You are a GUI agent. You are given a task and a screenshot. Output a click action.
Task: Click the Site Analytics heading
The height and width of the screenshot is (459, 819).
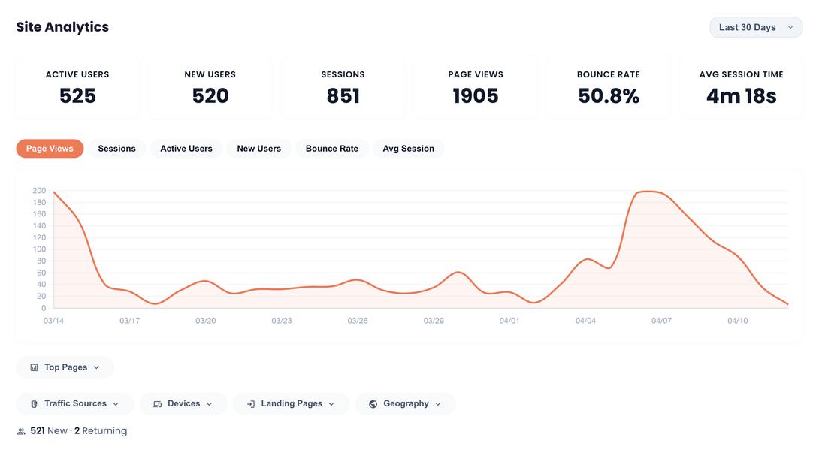point(62,27)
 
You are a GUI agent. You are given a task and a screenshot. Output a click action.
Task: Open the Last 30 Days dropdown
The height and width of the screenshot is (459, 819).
point(755,27)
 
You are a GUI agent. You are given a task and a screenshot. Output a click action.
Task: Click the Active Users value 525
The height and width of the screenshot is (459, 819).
point(77,96)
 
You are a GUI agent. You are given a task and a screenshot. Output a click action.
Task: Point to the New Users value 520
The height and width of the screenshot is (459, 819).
point(210,96)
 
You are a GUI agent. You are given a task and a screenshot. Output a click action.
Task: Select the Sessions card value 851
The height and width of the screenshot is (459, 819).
point(343,96)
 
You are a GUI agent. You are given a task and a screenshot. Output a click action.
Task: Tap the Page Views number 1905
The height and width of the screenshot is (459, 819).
point(476,96)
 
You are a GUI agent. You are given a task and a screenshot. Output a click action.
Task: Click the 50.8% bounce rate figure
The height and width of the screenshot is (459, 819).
point(609,96)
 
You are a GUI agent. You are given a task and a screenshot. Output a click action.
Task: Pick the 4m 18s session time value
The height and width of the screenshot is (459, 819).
point(741,96)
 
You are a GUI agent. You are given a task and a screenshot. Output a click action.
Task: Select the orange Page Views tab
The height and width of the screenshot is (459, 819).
point(50,149)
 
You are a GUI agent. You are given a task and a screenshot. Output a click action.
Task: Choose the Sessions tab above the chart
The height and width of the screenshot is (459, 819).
point(116,149)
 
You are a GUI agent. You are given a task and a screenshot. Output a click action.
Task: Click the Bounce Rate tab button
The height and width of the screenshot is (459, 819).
point(331,149)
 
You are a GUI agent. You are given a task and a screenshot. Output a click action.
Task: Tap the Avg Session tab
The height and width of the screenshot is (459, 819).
point(408,149)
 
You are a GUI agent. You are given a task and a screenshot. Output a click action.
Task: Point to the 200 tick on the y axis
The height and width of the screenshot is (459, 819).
point(39,191)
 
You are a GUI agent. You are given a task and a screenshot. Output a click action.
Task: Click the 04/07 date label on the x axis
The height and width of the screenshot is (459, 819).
point(661,321)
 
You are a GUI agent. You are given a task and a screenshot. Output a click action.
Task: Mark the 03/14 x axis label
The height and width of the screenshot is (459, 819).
point(54,321)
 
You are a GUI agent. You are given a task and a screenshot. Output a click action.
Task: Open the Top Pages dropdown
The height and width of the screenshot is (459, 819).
point(65,367)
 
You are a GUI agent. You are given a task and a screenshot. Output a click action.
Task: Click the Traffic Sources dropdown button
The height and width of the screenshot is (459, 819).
point(74,403)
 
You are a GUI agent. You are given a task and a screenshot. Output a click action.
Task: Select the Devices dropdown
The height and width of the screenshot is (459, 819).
point(183,403)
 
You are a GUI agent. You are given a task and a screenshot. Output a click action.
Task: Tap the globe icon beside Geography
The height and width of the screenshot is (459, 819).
point(373,404)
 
